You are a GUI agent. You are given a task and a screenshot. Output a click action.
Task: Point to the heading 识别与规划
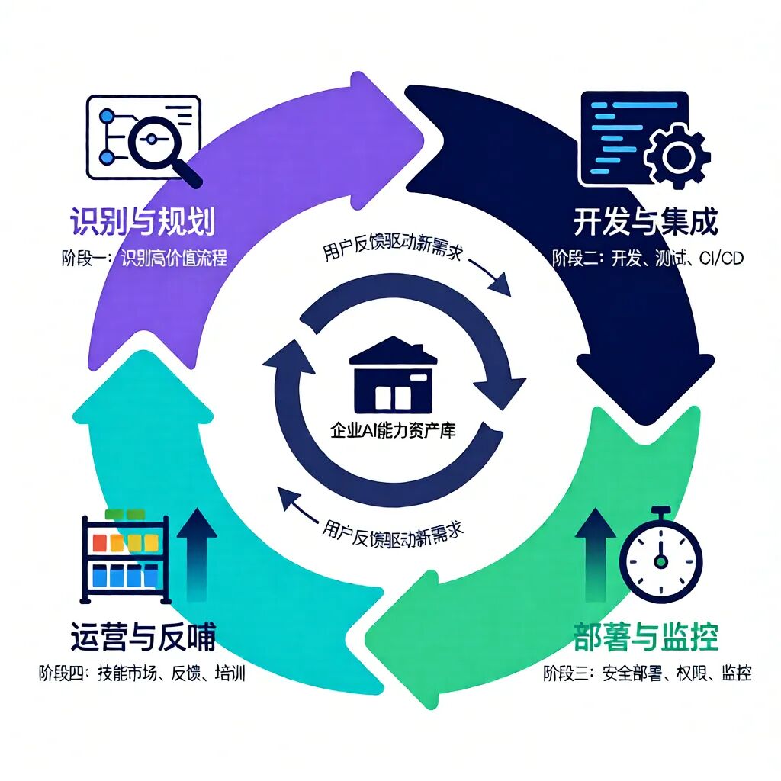pyautogui.click(x=143, y=223)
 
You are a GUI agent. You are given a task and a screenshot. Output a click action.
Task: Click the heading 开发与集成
pyautogui.click(x=645, y=223)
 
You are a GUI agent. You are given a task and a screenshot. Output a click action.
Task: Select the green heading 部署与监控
pyautogui.click(x=645, y=635)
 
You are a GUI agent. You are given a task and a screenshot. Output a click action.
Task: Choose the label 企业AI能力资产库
pyautogui.click(x=392, y=429)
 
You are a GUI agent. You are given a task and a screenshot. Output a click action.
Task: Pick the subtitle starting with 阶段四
pyautogui.click(x=143, y=674)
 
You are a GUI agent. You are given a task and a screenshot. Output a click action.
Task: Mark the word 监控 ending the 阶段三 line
pyautogui.click(x=735, y=673)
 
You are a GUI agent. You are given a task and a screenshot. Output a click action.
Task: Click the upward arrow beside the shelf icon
pyautogui.click(x=196, y=553)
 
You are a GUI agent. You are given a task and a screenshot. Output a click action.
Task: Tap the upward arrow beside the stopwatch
pyautogui.click(x=595, y=553)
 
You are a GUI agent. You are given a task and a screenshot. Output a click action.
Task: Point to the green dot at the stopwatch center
pyautogui.click(x=660, y=561)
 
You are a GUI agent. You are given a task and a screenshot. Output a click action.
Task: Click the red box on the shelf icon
pyautogui.click(x=99, y=542)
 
